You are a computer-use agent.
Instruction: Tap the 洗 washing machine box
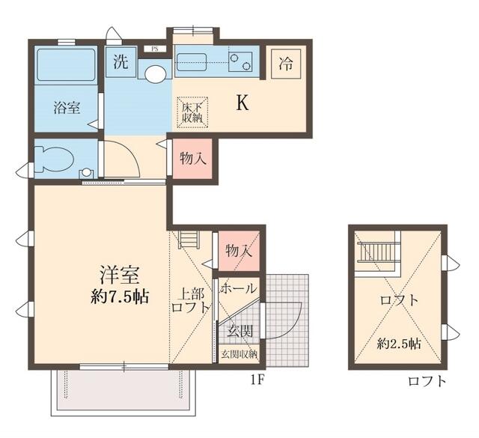pos(120,62)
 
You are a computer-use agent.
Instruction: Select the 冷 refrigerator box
pos(285,64)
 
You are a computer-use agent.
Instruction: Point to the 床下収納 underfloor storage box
pos(192,112)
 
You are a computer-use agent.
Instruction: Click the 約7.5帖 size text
pos(120,296)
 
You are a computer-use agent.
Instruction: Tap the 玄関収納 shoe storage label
pos(239,353)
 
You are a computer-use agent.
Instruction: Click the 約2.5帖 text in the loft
pos(399,344)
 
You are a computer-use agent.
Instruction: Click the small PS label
pos(155,49)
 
